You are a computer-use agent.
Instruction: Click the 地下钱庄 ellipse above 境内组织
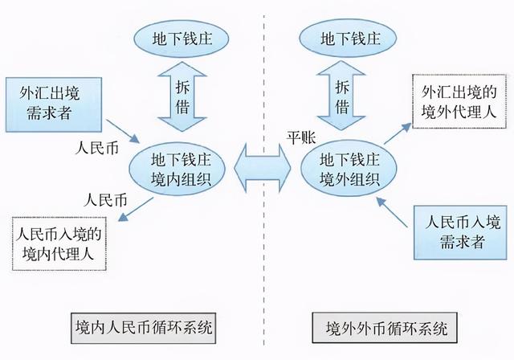174,38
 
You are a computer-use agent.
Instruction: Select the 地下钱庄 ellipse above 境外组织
338,38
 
